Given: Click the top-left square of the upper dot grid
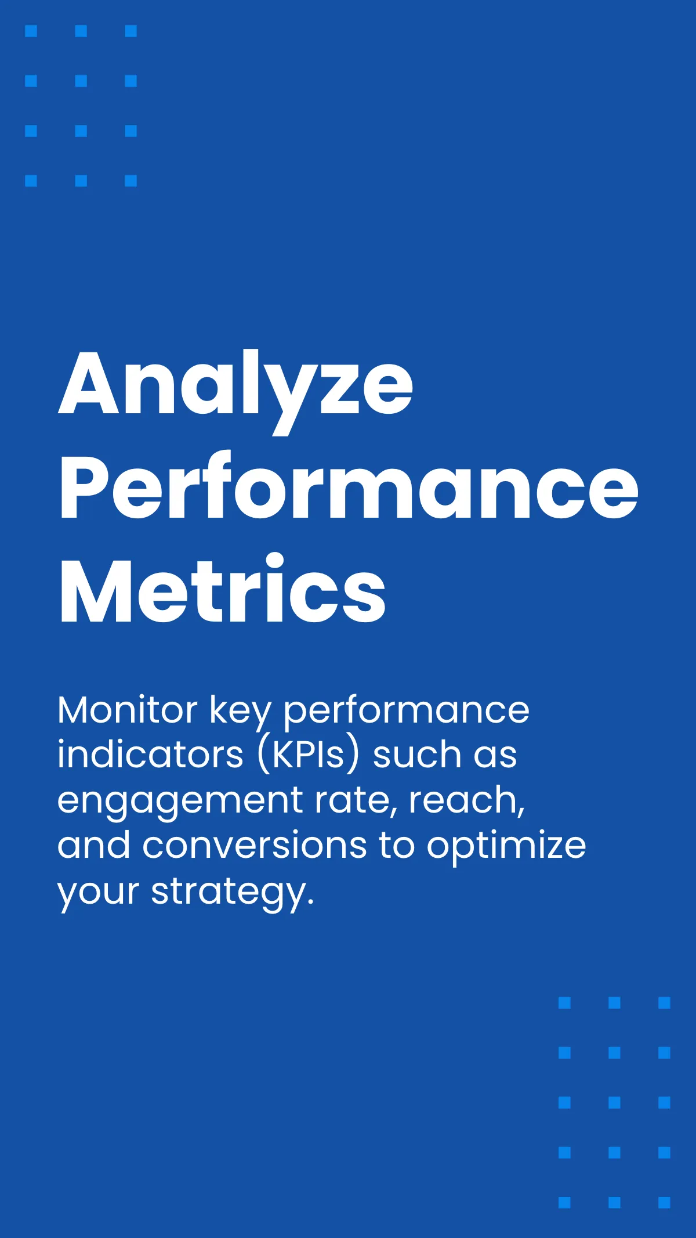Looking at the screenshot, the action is (31, 31).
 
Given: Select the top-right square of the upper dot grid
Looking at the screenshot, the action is (131, 31).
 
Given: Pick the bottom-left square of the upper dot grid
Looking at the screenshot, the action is (31, 181).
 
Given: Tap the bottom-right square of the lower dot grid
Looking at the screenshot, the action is (665, 1202).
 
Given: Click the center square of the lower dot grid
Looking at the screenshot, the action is (615, 1102).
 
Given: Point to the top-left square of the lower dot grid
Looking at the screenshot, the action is (565, 1002).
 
